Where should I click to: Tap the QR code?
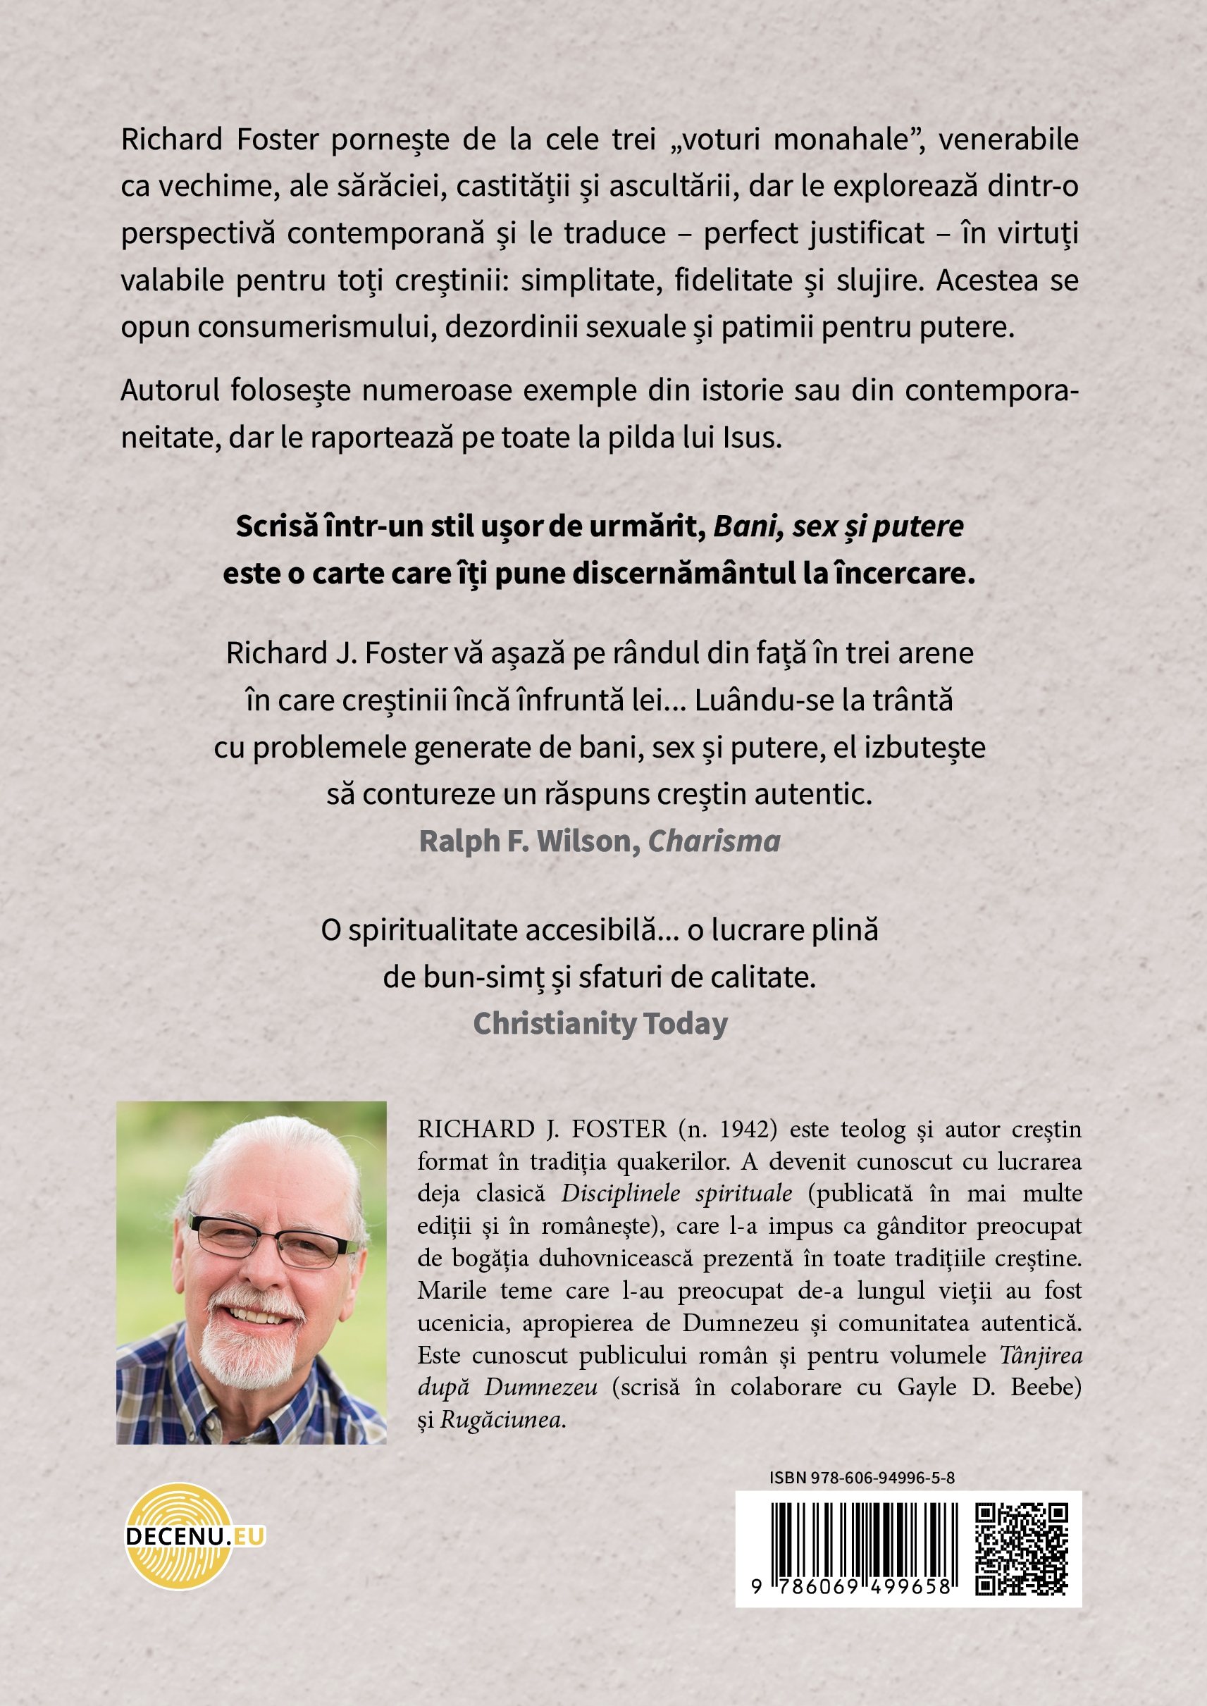coord(1021,1549)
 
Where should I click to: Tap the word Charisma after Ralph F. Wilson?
coord(714,841)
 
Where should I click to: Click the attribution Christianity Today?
coord(600,1024)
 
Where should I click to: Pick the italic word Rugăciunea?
coord(502,1419)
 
